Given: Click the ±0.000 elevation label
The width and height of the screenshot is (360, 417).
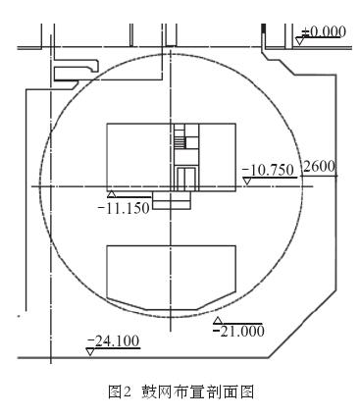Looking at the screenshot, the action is pyautogui.click(x=324, y=31).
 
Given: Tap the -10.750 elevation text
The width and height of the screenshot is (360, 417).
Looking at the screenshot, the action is pyautogui.click(x=268, y=171).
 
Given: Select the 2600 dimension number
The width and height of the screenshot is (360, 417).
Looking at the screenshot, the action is pyautogui.click(x=319, y=167).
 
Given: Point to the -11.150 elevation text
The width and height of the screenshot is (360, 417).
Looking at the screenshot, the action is pyautogui.click(x=125, y=207).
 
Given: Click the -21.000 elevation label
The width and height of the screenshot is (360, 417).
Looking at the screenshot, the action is pyautogui.click(x=238, y=331).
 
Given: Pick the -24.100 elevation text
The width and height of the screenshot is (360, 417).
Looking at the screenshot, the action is pyautogui.click(x=114, y=340).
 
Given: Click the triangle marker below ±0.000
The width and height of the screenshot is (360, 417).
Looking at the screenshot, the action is pyautogui.click(x=300, y=41).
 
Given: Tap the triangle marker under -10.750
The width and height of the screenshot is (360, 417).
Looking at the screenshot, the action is pyautogui.click(x=247, y=181).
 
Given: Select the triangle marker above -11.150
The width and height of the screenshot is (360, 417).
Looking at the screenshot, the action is pyautogui.click(x=112, y=194).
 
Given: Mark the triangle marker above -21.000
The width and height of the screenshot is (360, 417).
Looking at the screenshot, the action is pyautogui.click(x=218, y=320).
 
